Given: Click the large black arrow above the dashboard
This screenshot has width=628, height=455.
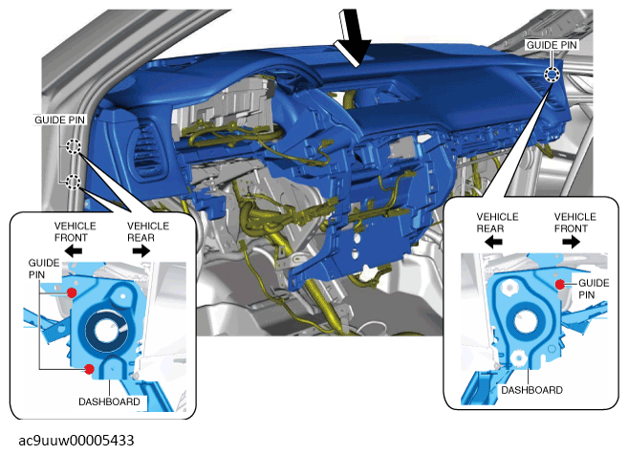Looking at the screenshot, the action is (x=353, y=38).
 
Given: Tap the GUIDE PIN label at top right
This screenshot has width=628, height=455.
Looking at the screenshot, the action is (x=552, y=45).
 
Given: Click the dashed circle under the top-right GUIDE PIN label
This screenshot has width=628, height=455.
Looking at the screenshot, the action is (x=552, y=75).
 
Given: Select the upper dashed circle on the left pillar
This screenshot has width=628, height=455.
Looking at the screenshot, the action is (x=74, y=146).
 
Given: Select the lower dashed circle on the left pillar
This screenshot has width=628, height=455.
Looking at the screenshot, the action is (x=73, y=182).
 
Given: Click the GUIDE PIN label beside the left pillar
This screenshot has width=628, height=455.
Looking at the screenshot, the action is (x=59, y=119).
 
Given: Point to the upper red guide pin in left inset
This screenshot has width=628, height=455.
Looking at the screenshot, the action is (x=72, y=292).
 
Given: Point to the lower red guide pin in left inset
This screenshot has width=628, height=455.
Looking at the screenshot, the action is (x=89, y=368).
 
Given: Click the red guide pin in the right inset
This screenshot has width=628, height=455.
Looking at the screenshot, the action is (x=560, y=285).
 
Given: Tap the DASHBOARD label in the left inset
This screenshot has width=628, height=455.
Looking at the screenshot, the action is (x=109, y=401).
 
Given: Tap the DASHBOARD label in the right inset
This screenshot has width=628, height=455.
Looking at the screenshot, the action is (x=531, y=390).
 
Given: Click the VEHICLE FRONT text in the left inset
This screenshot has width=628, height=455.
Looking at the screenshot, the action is (x=75, y=232).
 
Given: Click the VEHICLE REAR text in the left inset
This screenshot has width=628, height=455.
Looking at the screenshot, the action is (x=148, y=232).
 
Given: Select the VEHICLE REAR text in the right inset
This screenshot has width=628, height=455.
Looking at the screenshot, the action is (x=497, y=223).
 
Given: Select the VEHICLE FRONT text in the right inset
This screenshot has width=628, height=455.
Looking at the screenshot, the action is (x=575, y=223).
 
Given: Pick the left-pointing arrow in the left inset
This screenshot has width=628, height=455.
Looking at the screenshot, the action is (x=74, y=251).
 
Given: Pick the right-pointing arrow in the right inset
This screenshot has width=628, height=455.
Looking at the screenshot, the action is (x=571, y=242).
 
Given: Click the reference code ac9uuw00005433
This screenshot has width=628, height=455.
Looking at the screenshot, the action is (x=76, y=440).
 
